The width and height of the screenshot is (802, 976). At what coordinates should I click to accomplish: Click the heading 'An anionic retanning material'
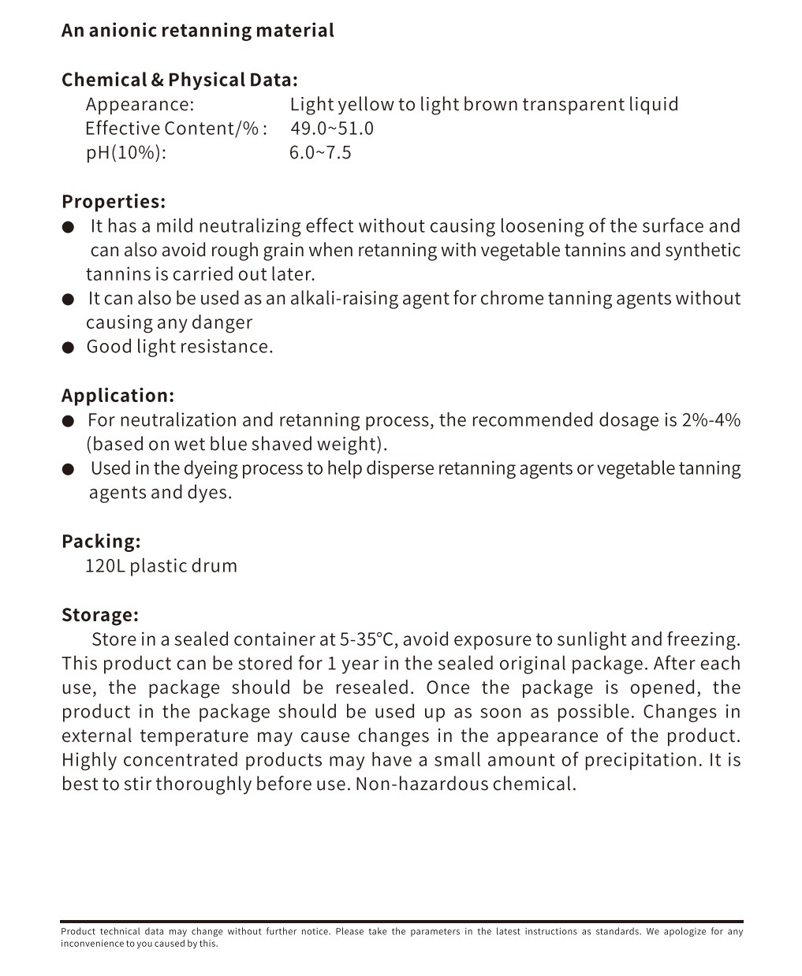197,31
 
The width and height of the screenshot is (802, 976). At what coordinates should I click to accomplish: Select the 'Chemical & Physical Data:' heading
179,80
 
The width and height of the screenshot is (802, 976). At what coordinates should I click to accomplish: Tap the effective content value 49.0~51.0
332,129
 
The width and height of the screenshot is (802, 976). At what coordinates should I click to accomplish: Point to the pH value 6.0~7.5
320,153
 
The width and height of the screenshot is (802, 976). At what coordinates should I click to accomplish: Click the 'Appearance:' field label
140,104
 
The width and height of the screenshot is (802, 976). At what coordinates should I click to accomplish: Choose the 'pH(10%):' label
126,153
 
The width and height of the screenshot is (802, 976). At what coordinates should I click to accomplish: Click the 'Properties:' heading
114,202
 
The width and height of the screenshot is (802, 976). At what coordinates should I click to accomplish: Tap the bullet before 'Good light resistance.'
69,348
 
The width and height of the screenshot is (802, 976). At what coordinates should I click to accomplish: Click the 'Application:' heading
118,396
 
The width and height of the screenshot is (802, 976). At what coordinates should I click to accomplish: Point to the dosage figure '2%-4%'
711,420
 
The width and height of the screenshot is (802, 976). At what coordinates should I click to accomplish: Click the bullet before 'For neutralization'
69,421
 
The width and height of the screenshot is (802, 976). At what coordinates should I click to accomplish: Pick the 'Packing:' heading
101,542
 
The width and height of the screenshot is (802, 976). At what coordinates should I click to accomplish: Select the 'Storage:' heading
100,615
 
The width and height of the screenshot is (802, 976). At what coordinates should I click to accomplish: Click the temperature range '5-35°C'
368,639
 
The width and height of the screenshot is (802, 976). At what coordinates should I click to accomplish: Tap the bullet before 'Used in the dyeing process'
69,470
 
